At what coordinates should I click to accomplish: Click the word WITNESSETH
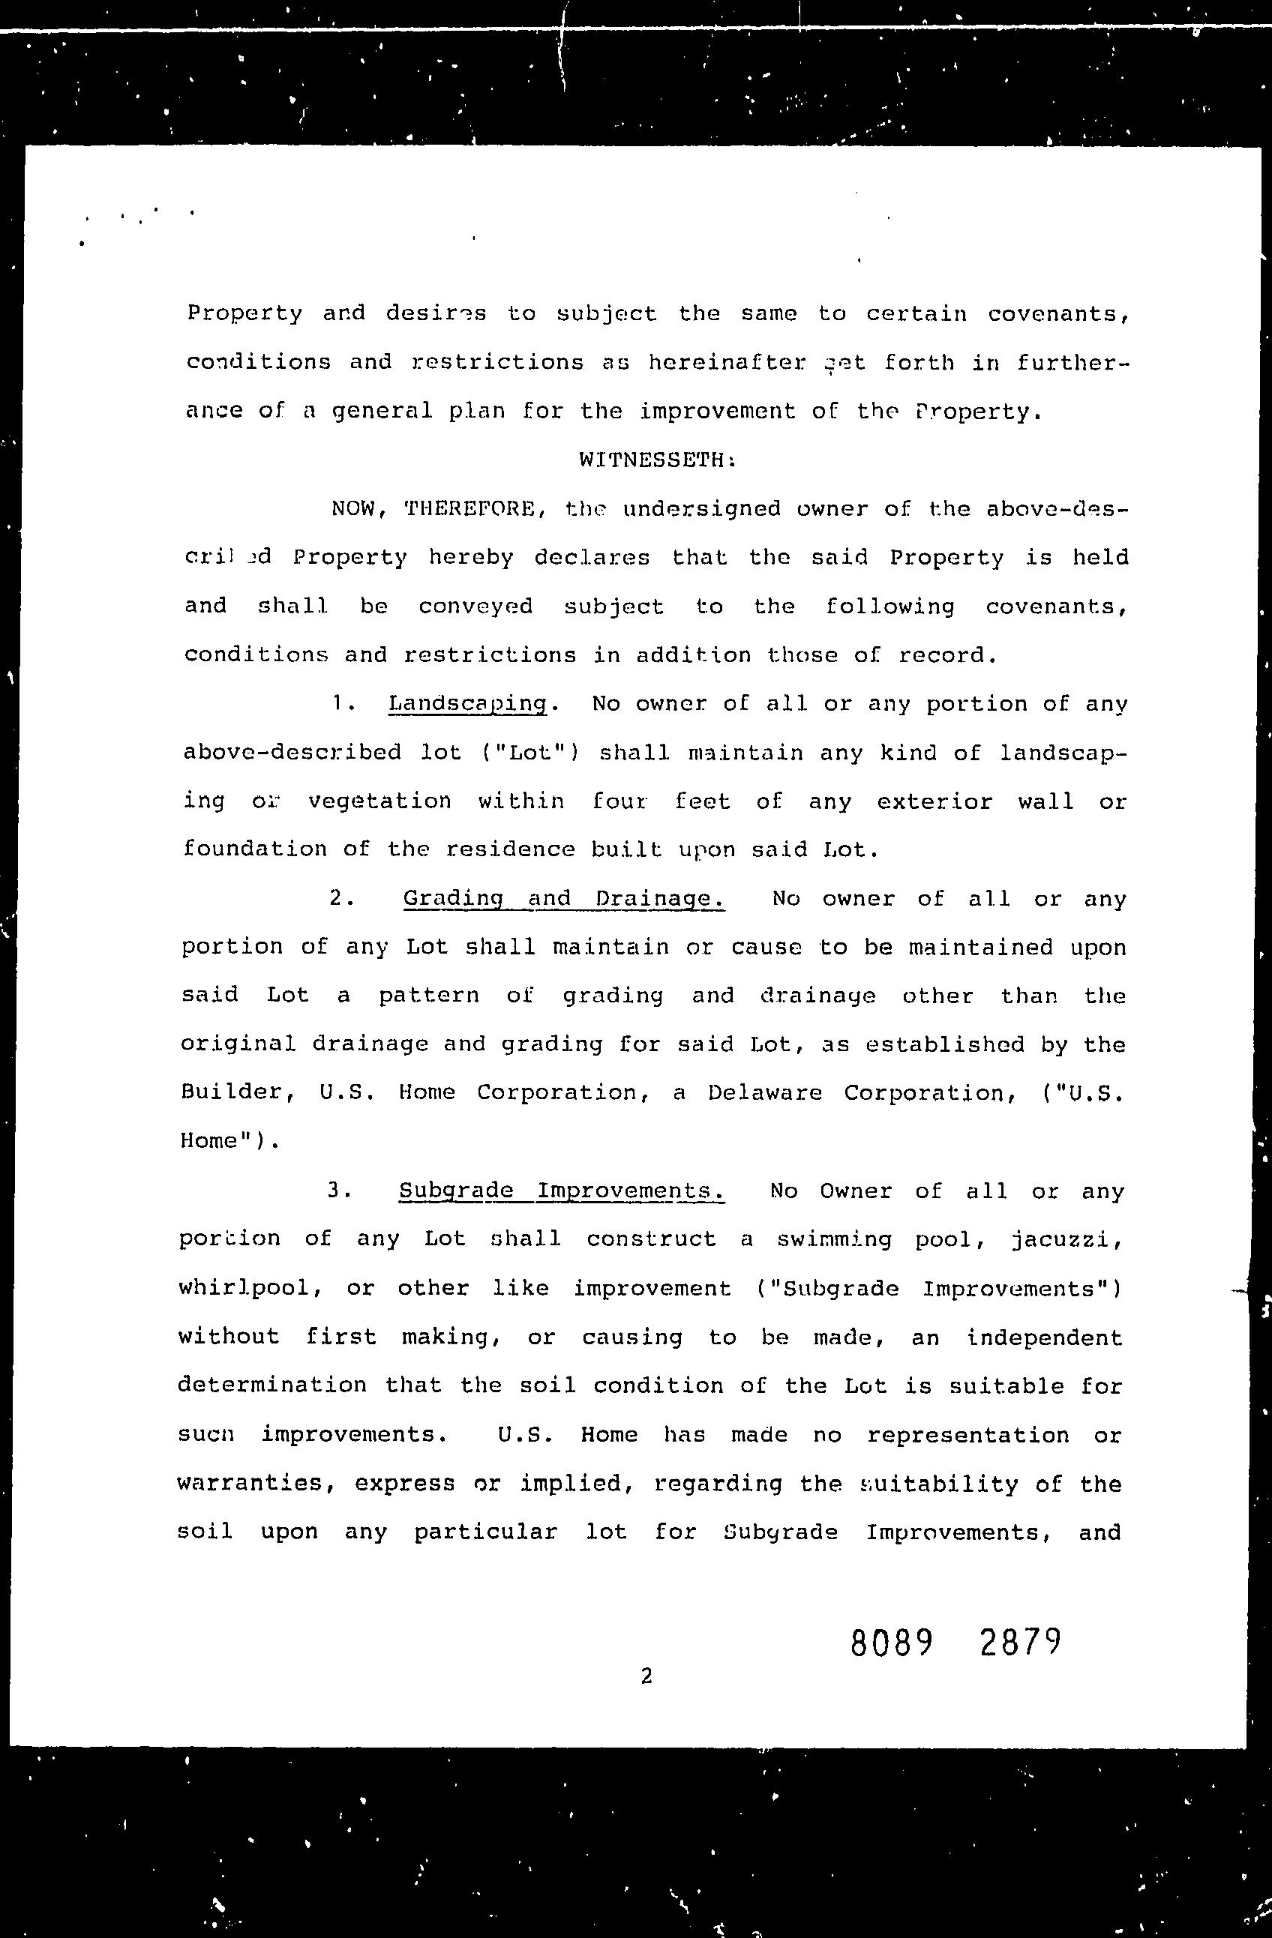(x=656, y=461)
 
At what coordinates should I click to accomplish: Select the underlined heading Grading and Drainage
(x=562, y=899)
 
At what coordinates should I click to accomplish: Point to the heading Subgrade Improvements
(x=561, y=1191)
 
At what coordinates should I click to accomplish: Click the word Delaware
(x=765, y=1093)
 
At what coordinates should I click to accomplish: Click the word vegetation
(x=379, y=802)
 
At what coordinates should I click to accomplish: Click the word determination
(x=272, y=1386)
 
